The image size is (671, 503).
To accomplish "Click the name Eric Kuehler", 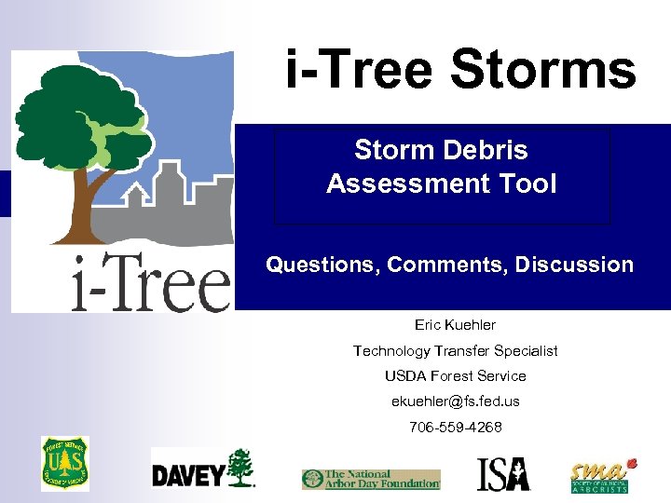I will click(455, 325).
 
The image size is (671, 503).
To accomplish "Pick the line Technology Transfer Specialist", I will click(455, 350).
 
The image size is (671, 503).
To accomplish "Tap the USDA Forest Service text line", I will click(455, 375).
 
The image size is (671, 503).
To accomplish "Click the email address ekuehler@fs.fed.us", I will click(455, 401).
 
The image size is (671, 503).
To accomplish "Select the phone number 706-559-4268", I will click(455, 427).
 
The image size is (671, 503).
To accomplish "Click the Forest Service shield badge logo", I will click(64, 463).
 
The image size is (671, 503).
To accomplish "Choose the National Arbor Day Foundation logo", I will click(370, 479).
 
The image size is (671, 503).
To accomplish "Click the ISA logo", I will click(503, 474).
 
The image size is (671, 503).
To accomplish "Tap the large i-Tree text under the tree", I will click(150, 281).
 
